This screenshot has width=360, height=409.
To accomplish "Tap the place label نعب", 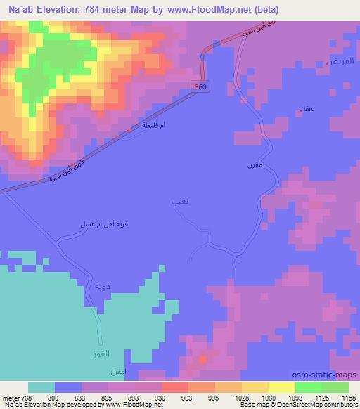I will (179, 202).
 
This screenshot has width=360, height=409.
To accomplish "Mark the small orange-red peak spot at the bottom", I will (203, 360).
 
